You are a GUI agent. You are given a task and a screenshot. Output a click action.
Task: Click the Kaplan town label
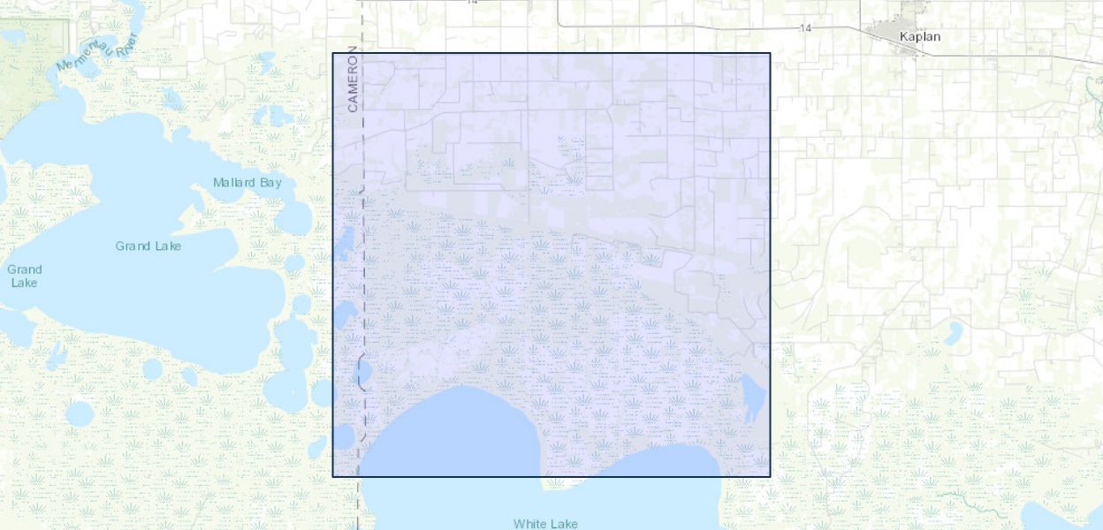click(919, 37)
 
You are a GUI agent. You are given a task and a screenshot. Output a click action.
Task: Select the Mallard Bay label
click(247, 183)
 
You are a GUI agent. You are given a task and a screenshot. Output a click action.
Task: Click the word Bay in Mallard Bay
click(270, 183)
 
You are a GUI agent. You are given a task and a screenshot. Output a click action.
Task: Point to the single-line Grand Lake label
click(148, 246)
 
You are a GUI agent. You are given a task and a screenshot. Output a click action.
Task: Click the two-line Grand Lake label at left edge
click(24, 276)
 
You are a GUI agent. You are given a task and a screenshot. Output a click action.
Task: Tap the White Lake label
click(545, 524)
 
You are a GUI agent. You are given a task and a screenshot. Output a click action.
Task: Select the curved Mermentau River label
click(96, 53)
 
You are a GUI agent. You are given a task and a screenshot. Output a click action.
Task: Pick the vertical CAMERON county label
click(353, 79)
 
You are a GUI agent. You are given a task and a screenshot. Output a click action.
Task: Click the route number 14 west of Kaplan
click(805, 28)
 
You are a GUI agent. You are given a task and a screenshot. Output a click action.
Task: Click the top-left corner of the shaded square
click(333, 54)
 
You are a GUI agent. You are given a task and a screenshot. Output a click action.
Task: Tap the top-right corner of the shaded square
click(770, 54)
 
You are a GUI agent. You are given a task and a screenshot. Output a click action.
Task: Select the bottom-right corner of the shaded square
click(770, 476)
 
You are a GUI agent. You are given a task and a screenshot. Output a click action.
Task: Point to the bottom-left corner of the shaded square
click(333, 476)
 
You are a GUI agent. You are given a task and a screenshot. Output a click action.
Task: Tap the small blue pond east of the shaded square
click(953, 333)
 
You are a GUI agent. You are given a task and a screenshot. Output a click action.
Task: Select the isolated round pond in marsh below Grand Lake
click(80, 413)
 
